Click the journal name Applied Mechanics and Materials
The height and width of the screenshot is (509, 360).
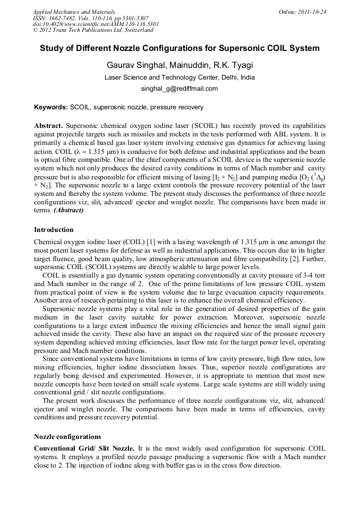(73, 12)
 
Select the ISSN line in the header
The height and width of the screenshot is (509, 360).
(91, 18)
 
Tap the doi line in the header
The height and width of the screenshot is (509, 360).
(96, 24)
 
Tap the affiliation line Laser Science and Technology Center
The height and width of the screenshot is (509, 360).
(179, 77)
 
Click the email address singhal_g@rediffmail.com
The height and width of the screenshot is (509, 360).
(179, 89)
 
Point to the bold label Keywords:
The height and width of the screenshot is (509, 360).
(51, 107)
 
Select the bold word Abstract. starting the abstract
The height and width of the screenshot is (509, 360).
(49, 126)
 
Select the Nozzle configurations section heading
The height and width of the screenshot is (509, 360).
(67, 437)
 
